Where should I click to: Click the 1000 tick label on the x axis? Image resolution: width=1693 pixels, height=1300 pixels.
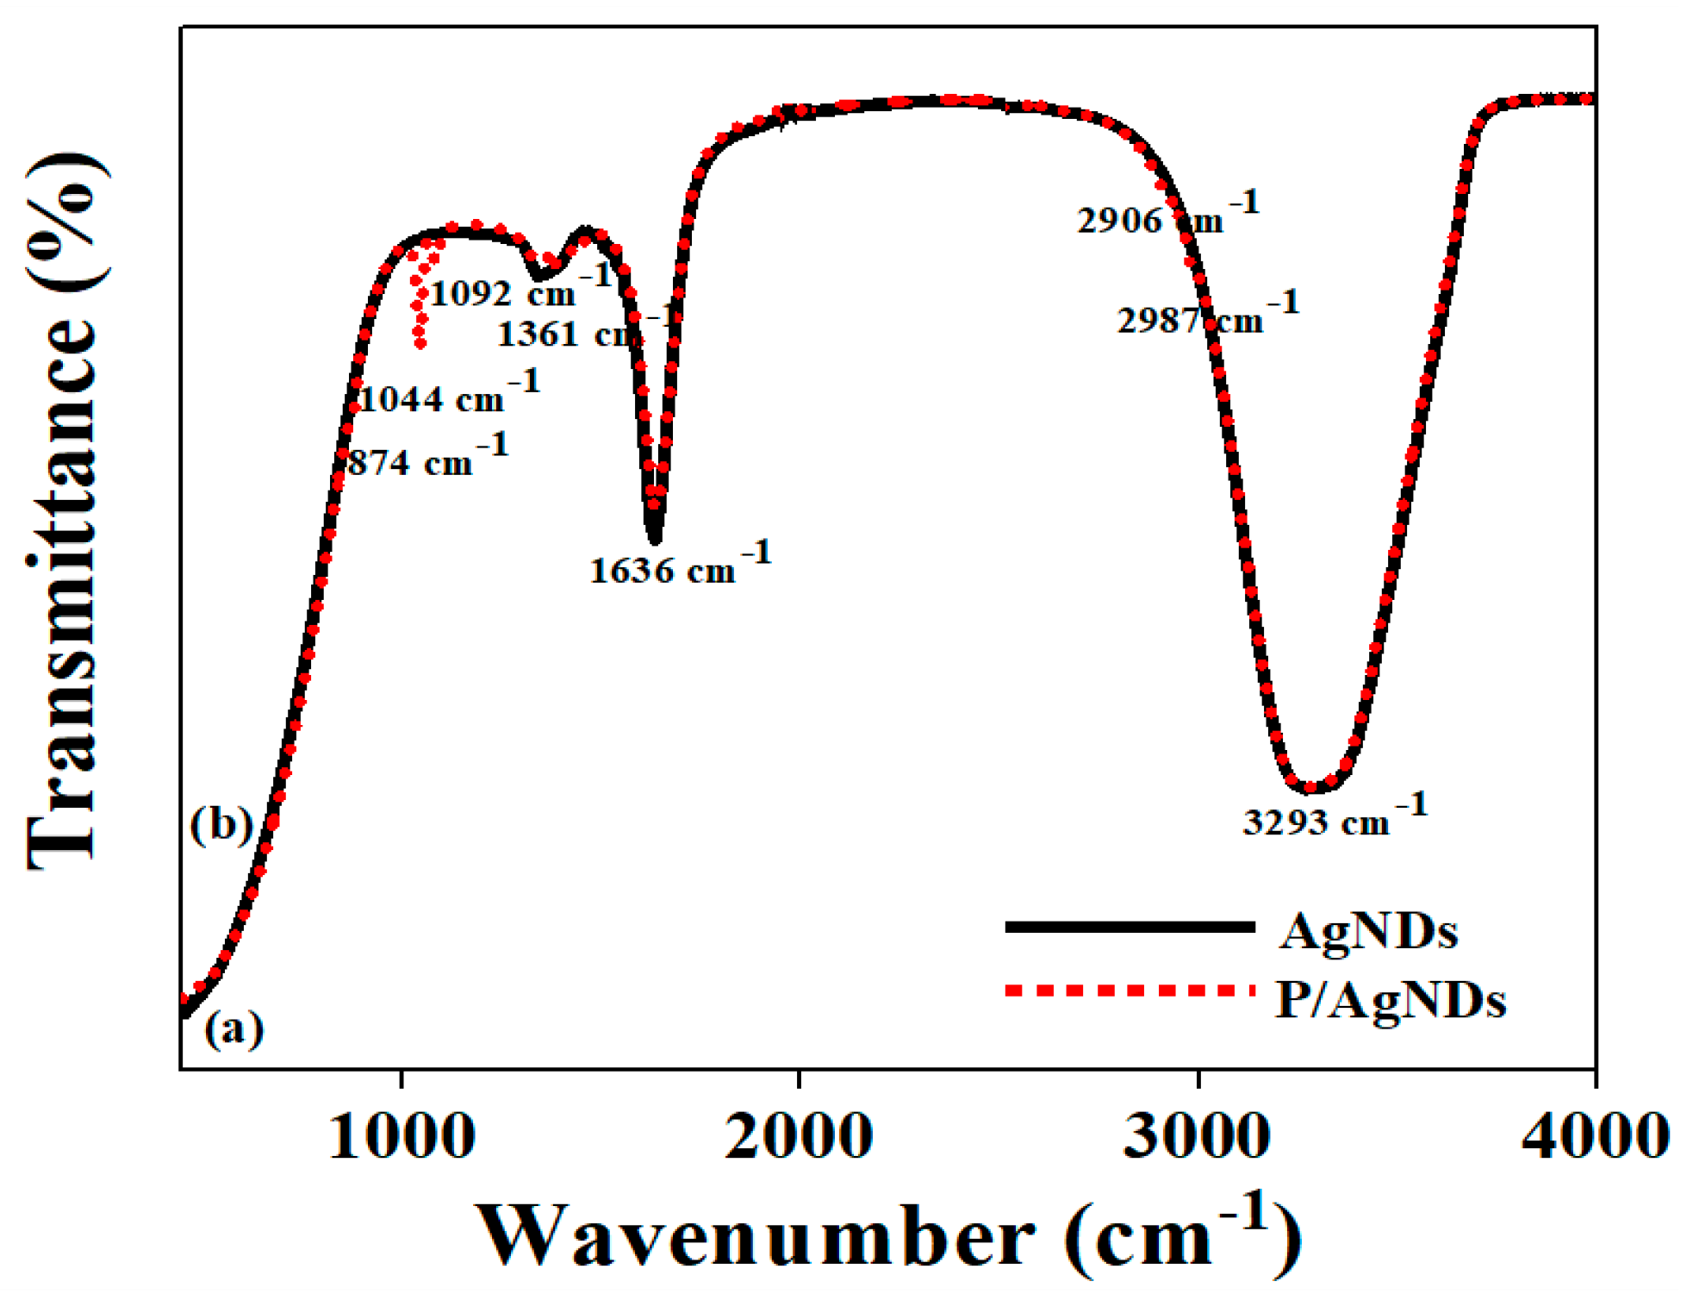[x=401, y=1137]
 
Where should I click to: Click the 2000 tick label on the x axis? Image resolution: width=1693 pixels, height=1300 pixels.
[x=799, y=1137]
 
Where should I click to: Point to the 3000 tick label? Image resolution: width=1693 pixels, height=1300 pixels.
[x=1197, y=1137]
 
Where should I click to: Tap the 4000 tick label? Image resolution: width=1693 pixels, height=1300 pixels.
[x=1595, y=1137]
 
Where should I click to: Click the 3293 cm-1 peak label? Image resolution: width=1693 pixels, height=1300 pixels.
[x=1335, y=817]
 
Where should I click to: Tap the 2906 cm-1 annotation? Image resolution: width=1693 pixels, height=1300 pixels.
[x=1167, y=216]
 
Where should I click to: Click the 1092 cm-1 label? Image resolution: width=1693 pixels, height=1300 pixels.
[x=520, y=289]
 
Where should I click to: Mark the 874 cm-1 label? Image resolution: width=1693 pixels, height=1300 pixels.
[x=427, y=458]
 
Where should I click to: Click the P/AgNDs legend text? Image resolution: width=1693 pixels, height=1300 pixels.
[x=1390, y=1001]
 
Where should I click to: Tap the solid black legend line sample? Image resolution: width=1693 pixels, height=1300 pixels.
[x=1130, y=927]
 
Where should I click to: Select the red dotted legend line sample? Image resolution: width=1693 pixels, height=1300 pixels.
[x=1130, y=991]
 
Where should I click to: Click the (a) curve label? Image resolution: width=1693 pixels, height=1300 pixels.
[x=233, y=1028]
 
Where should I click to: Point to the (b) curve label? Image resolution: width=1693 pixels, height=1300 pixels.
[x=221, y=824]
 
